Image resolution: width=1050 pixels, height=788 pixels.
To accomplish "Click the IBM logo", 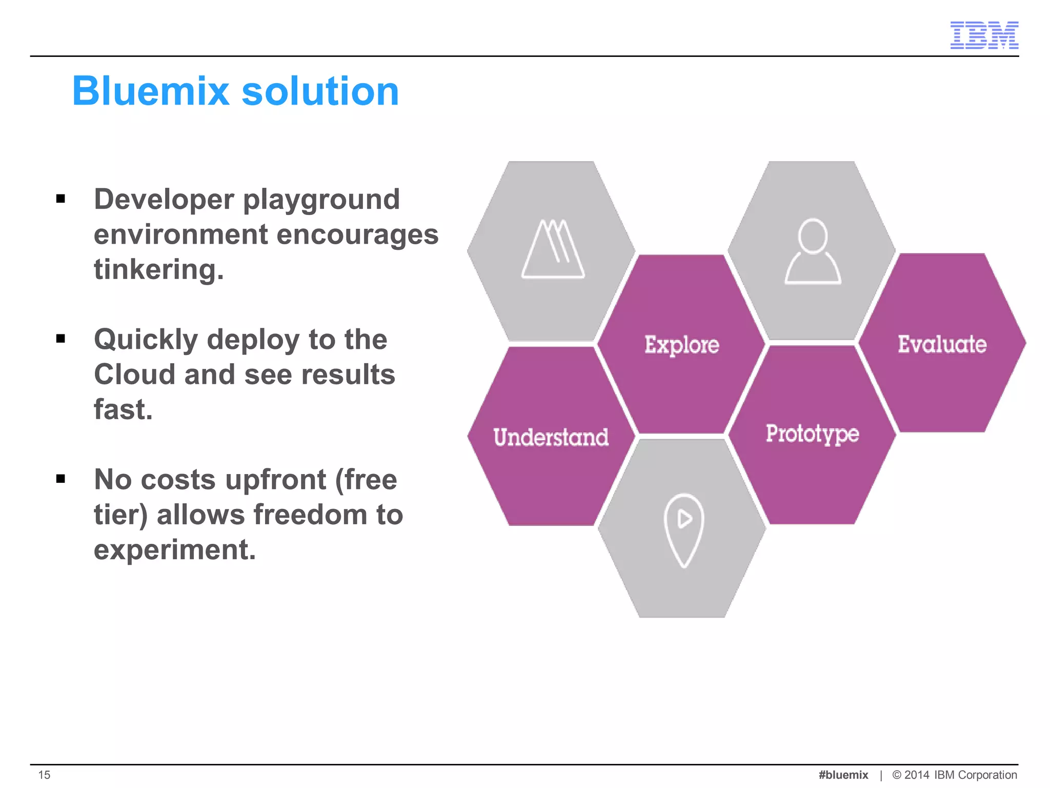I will [984, 35].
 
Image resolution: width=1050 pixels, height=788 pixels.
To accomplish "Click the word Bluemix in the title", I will [150, 91].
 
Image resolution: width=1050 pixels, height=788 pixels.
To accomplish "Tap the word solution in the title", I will [320, 91].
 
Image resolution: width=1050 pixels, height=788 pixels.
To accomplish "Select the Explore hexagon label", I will [681, 345].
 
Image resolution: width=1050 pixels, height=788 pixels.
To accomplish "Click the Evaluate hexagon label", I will [942, 344].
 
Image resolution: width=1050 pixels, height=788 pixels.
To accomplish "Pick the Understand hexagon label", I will [551, 438].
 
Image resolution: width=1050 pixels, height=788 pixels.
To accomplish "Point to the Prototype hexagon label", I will [812, 434].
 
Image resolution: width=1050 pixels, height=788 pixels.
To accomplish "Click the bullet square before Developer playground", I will [61, 199].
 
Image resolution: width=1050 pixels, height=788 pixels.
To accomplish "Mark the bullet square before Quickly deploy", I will [61, 339].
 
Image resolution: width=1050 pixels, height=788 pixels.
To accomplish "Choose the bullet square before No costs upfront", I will [61, 479].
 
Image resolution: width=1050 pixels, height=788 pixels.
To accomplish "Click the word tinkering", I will [158, 269].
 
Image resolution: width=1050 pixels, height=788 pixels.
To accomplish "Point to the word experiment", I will [174, 550].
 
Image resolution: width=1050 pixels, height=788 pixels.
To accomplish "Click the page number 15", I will [45, 775].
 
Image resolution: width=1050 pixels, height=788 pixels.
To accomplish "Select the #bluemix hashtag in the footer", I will [843, 775].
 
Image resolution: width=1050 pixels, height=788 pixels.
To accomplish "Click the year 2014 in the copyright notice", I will [917, 775].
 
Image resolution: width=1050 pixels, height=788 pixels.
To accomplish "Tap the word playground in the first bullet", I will [321, 200].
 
